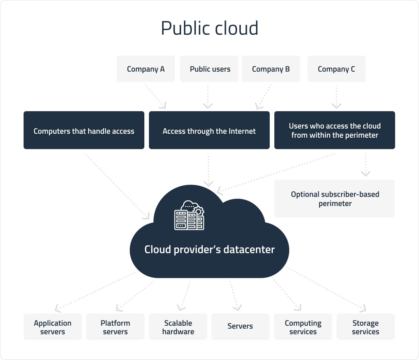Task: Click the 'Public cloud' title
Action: (209, 28)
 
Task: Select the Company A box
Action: (146, 69)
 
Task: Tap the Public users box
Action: (209, 69)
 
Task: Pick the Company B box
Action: (271, 69)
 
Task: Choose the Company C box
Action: (336, 69)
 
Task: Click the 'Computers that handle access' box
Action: (84, 130)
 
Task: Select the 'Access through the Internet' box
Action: (209, 130)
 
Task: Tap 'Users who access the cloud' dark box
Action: (335, 130)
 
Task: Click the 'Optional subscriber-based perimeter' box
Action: (335, 198)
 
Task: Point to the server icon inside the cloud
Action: (189, 215)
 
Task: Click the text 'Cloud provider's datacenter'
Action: (209, 249)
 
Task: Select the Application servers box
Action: (53, 327)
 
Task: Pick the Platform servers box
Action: (115, 327)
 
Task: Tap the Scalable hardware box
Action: (178, 327)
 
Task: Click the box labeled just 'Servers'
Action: (240, 327)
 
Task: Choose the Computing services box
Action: (303, 327)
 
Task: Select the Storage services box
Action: (366, 327)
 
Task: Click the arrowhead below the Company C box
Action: (337, 106)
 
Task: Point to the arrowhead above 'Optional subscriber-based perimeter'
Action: (366, 174)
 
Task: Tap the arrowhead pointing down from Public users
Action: (208, 106)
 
